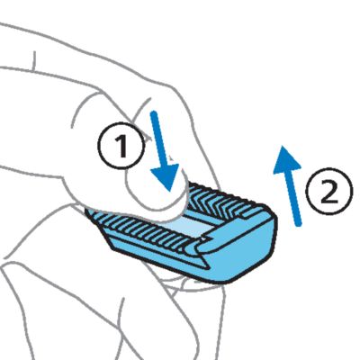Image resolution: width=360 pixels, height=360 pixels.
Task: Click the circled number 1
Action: click(x=121, y=147)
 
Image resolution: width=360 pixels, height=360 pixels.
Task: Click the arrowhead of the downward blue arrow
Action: click(x=166, y=177)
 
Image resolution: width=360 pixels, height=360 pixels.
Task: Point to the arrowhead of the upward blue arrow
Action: click(x=286, y=159)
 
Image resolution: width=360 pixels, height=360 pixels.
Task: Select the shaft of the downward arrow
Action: click(x=158, y=139)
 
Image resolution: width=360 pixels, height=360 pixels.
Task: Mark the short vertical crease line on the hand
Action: click(x=34, y=60)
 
